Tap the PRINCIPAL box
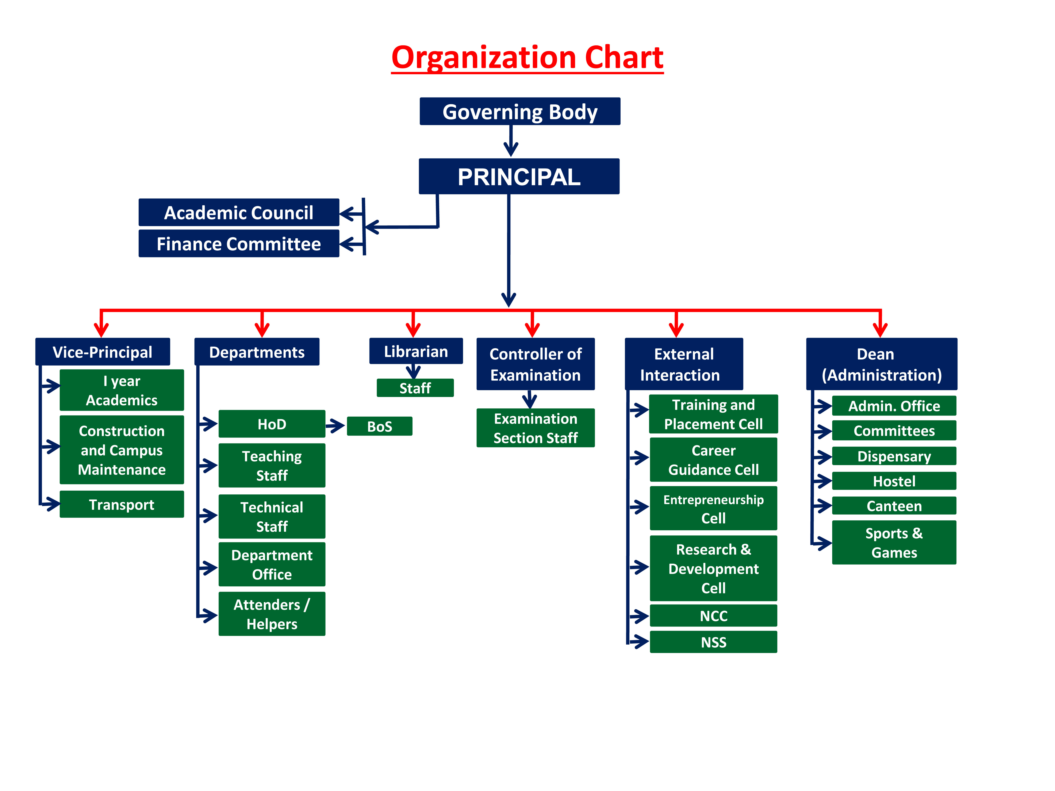(x=519, y=176)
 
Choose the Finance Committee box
(x=239, y=244)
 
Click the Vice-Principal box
(x=103, y=352)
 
